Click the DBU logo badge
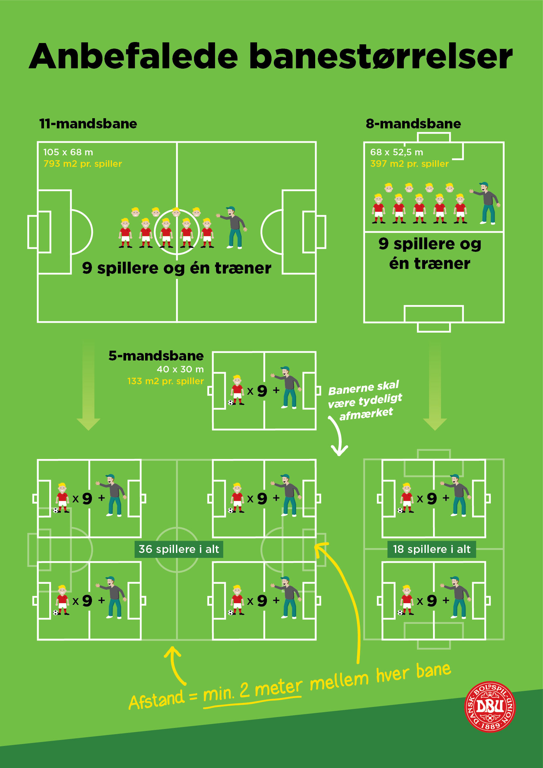coord(490,707)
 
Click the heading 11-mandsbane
coord(88,124)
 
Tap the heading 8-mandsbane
coord(413,124)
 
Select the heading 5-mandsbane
coord(156,356)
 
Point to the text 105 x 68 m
coord(68,152)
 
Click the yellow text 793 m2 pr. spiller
coord(83,164)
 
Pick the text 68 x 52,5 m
coord(397,152)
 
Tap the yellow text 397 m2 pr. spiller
coord(409,164)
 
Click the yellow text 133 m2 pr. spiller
coord(165,381)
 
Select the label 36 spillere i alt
coord(179,549)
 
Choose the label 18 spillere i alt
coord(431,549)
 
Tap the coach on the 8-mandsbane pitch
coord(487,203)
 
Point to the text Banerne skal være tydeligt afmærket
coord(365,400)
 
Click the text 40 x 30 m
coord(180,369)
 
